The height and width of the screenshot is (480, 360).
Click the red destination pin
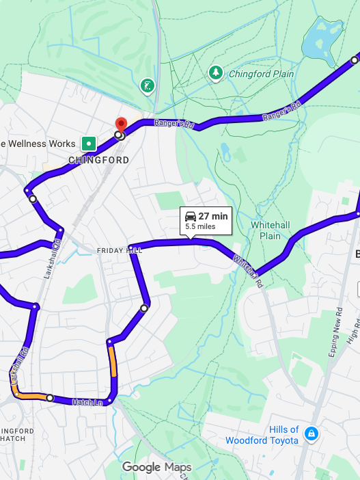pos(122,124)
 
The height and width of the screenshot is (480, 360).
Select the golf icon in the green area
pos(147,85)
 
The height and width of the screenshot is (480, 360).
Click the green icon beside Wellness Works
pos(88,144)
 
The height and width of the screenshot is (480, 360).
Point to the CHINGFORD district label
pos(99,160)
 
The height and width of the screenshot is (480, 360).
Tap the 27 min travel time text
pos(213,217)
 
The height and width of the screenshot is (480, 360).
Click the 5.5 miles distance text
pos(200,226)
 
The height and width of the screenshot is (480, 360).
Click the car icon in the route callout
pos(191,217)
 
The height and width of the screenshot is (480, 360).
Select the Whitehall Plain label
pos(266,230)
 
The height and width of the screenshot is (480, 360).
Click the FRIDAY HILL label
pos(119,251)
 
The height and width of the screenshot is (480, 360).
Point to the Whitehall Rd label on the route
pos(247,267)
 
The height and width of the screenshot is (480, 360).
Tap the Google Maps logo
pos(157,468)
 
